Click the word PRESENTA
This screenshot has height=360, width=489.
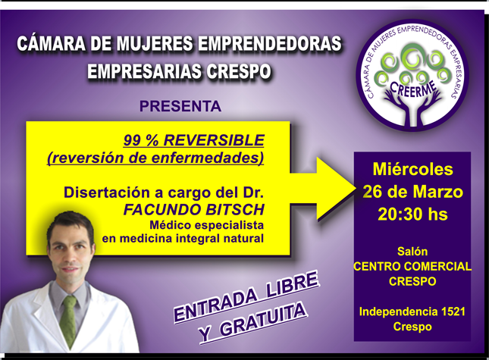180,106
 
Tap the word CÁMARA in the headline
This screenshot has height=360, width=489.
51,43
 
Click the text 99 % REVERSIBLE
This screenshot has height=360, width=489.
194,140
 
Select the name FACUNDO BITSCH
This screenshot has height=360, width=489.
194,210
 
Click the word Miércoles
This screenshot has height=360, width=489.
413,169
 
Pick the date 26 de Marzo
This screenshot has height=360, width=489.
413,192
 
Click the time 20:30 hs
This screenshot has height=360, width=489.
413,214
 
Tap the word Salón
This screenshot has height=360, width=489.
412,251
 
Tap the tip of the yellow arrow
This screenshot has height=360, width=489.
356,189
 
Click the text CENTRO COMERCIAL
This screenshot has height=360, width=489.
412,267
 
